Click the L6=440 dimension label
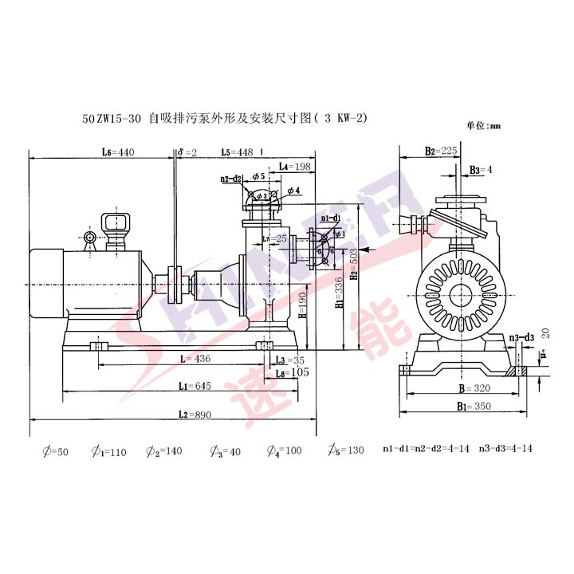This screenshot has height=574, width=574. pos(118,151)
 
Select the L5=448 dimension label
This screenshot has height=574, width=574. pos(237,151)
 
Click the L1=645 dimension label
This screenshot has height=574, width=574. pos(194,387)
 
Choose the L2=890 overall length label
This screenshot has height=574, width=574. pos(194,415)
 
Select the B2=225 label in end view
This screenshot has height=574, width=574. pos(440,150)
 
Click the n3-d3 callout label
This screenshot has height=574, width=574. pos(521,338)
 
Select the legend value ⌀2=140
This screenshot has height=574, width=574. pos(164,451)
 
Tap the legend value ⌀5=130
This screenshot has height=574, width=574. pos(344,451)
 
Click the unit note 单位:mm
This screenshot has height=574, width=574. pos(482,125)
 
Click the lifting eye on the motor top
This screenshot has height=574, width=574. pos(89,237)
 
